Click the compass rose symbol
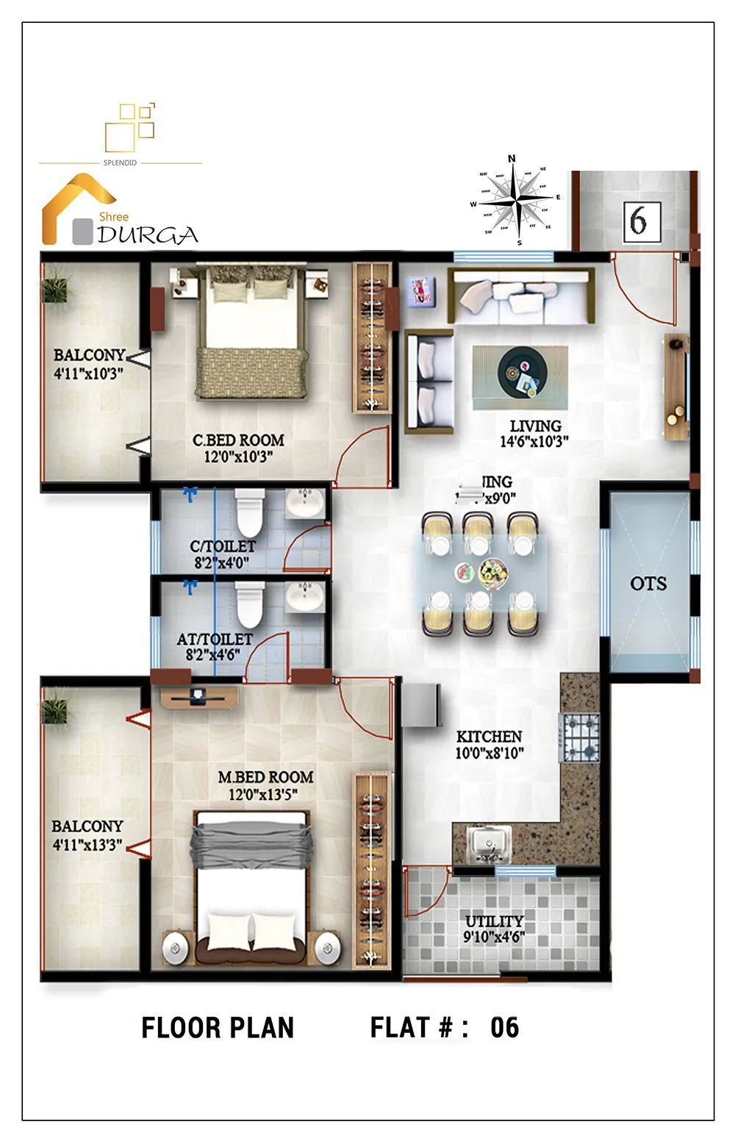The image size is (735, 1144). point(517,199)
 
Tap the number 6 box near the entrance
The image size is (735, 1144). point(638,221)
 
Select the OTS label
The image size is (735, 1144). point(648,584)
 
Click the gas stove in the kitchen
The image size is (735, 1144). point(581,737)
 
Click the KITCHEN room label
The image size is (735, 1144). point(489,737)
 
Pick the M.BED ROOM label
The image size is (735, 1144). point(265,777)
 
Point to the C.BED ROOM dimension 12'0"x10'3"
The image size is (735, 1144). point(238,457)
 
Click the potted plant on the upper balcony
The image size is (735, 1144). point(56,286)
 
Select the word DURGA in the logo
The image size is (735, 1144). point(148,235)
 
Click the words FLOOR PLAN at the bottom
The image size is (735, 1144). point(218,1027)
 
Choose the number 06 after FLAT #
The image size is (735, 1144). point(504,1027)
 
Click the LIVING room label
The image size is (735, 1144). point(535,426)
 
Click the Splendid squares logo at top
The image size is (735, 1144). point(131,126)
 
